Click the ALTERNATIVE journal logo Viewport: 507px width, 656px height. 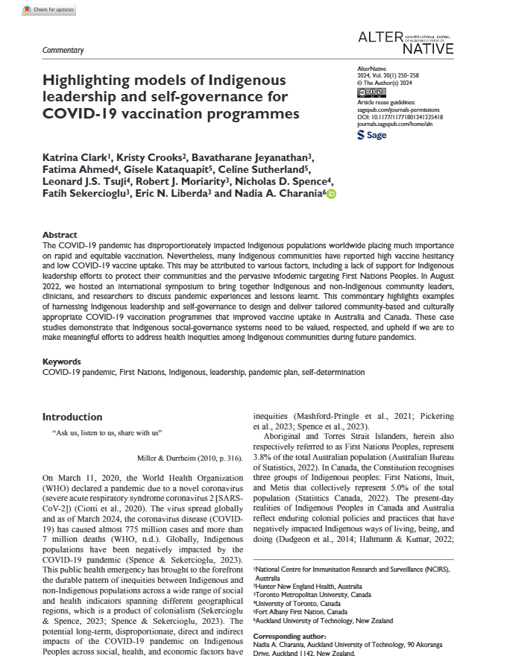[406, 42]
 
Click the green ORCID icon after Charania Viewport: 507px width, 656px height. [331, 194]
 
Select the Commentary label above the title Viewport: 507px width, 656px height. [63, 50]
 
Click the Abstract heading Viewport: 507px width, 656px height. [60, 234]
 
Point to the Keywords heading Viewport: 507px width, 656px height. [62, 361]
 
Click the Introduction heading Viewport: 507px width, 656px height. [72, 417]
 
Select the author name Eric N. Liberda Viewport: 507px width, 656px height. [177, 193]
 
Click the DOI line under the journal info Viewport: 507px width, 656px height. [400, 116]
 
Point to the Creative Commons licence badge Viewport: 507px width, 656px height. [370, 92]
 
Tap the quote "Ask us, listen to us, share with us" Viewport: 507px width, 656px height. [108, 432]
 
